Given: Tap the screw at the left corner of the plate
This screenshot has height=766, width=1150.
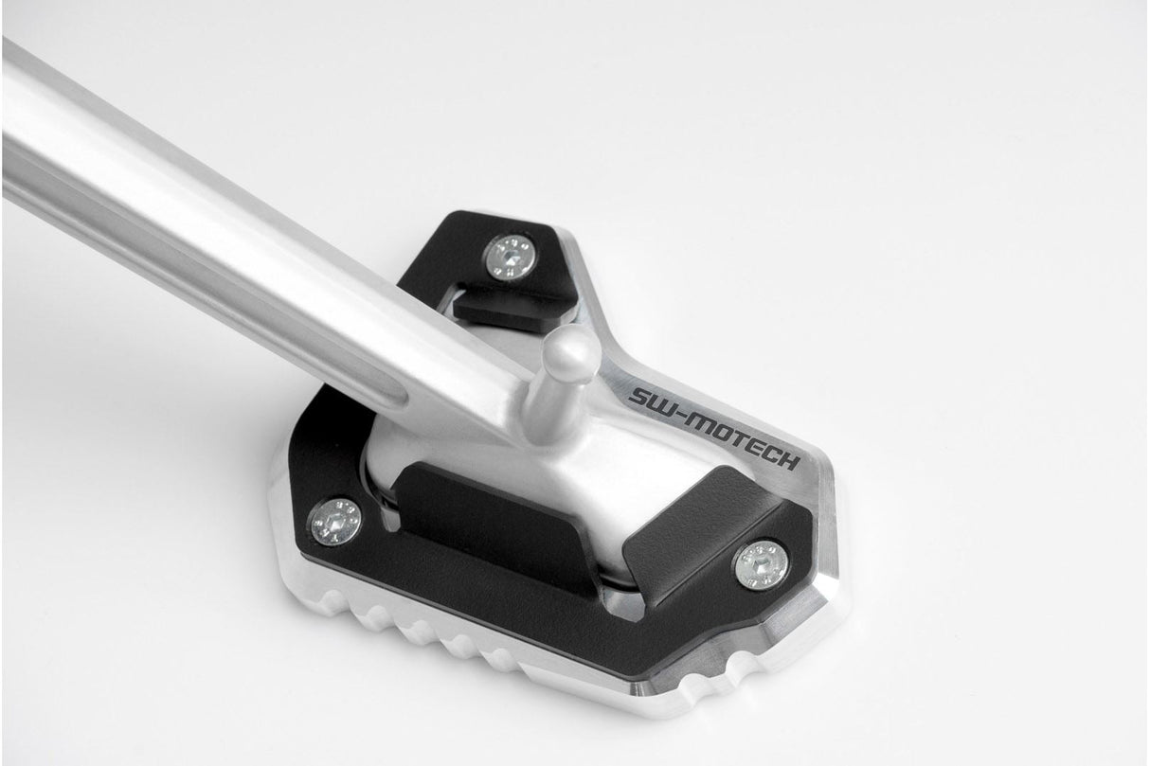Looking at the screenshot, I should pos(335,520).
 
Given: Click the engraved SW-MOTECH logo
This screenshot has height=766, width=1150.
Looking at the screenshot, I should pos(712,426).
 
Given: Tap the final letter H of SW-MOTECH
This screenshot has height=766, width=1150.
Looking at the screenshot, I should pos(789,461).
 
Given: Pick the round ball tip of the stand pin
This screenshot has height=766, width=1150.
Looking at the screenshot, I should pos(572,349).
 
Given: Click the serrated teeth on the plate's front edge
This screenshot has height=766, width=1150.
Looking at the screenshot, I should pos(445,634).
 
